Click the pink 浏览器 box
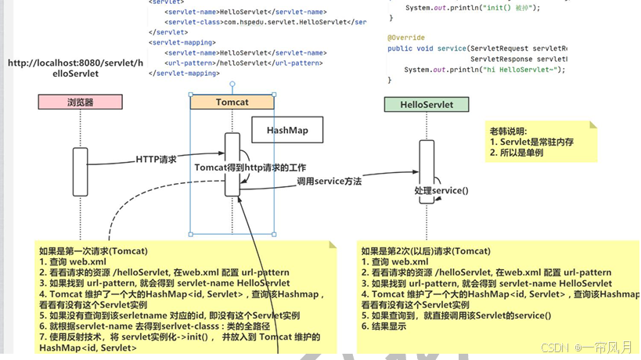click(80, 103)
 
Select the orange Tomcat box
click(232, 103)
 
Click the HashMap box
click(287, 130)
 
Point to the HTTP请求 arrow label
click(156, 160)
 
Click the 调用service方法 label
click(329, 182)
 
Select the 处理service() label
click(441, 190)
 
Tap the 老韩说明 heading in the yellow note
click(508, 131)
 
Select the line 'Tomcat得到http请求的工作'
click(250, 167)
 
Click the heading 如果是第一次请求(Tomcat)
click(93, 251)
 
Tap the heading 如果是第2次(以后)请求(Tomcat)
click(426, 251)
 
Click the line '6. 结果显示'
click(384, 326)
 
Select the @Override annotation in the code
click(406, 38)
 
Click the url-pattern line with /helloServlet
click(243, 63)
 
